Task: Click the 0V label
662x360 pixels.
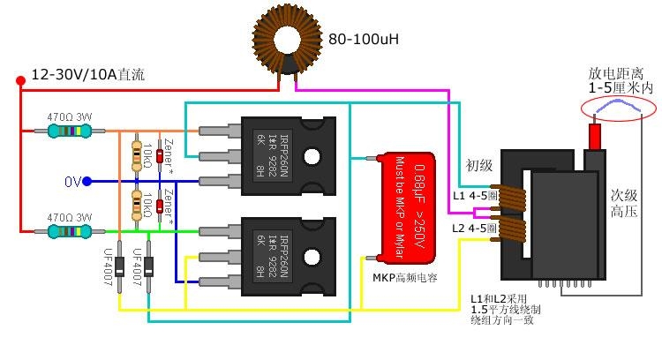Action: click(72, 182)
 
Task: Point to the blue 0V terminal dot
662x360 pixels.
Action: click(87, 182)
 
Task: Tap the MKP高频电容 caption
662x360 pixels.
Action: click(405, 277)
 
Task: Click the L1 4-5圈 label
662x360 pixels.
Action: click(475, 195)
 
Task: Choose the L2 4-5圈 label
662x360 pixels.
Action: click(475, 229)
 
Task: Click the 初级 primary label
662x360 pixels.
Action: click(478, 166)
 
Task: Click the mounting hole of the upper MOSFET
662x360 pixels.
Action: click(313, 157)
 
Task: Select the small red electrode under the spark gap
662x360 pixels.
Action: click(595, 136)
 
